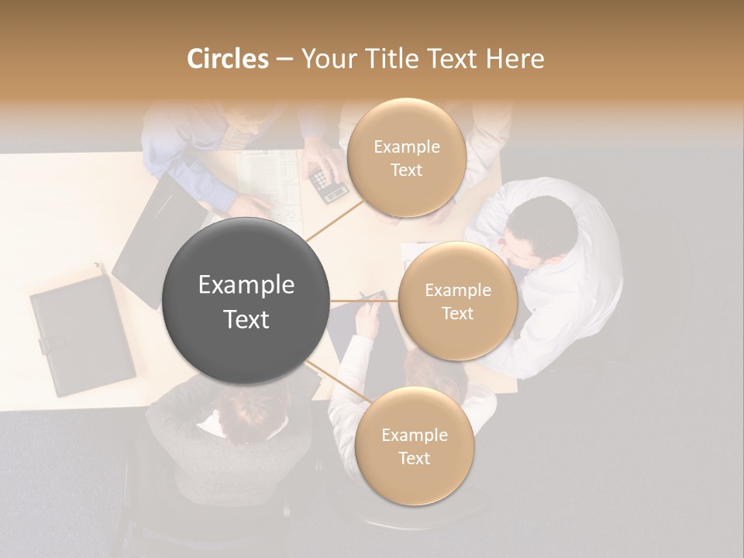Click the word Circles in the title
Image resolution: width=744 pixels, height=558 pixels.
(x=227, y=59)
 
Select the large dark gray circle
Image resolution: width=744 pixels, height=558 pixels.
(x=246, y=301)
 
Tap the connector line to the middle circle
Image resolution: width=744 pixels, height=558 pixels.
(x=364, y=301)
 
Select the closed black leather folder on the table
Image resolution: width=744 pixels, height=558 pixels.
(x=82, y=333)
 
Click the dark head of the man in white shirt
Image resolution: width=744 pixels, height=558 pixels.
(x=542, y=226)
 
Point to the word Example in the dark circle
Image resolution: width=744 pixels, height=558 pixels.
(x=246, y=285)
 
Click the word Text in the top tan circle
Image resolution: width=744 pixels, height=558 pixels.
(x=406, y=170)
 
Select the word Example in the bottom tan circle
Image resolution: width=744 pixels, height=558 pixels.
(x=414, y=435)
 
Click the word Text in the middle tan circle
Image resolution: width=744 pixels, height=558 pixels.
(x=457, y=313)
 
